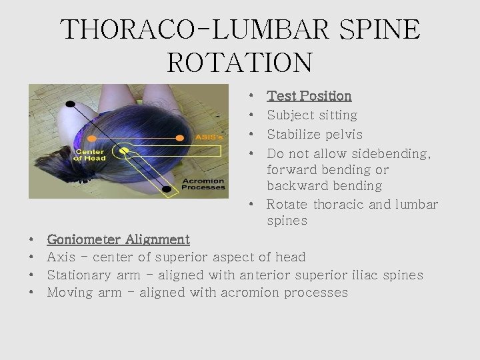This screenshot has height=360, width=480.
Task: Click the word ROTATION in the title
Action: [239, 62]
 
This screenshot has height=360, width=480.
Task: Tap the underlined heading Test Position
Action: [309, 96]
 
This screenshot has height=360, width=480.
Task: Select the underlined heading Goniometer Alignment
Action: [119, 239]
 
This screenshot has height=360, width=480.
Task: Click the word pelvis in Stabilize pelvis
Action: [340, 134]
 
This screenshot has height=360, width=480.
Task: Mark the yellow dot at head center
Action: [123, 151]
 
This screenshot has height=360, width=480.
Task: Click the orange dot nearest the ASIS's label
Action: [179, 138]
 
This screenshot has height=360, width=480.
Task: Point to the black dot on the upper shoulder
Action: [71, 104]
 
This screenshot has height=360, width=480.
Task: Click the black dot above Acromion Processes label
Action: [166, 189]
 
